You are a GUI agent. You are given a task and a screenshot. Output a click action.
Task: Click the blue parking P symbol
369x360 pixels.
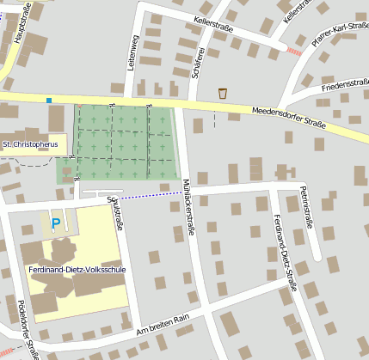click(x=56, y=224)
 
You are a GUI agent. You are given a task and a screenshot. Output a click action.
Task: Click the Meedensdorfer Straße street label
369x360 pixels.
click(x=288, y=118)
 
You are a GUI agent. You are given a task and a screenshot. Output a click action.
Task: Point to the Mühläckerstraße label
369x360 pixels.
click(x=187, y=205)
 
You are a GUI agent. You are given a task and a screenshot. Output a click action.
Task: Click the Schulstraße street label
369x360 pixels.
click(x=114, y=214)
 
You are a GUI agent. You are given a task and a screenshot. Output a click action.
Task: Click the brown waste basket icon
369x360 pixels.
click(x=223, y=93)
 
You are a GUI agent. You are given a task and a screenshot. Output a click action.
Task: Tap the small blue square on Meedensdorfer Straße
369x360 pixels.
click(x=49, y=101)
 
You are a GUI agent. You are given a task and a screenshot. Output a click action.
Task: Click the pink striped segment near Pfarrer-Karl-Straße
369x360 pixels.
click(x=294, y=52)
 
